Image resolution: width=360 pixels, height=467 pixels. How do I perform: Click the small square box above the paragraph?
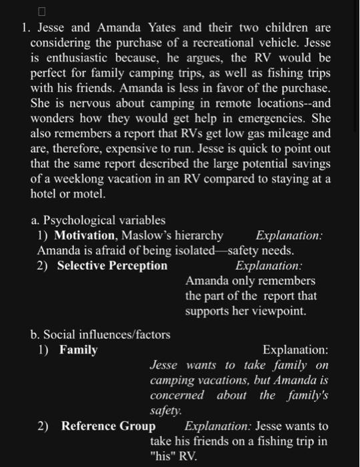click(x=41, y=11)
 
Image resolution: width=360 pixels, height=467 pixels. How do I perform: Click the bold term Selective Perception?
click(x=112, y=266)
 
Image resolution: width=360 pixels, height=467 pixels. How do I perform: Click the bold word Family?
click(x=78, y=350)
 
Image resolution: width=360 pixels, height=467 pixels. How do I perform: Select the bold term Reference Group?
click(x=108, y=426)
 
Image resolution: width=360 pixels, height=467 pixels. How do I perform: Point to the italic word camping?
click(x=171, y=380)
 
